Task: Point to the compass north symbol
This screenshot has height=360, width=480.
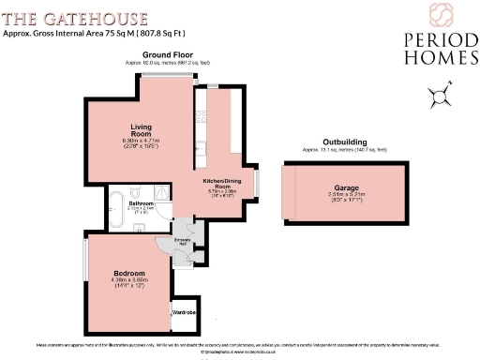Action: click(440, 94)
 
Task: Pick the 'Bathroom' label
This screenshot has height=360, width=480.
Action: click(142, 202)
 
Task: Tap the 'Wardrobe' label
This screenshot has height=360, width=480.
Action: click(184, 313)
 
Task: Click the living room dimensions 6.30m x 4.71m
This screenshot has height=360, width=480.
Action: click(142, 142)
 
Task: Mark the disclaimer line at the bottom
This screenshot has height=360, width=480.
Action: click(239, 345)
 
